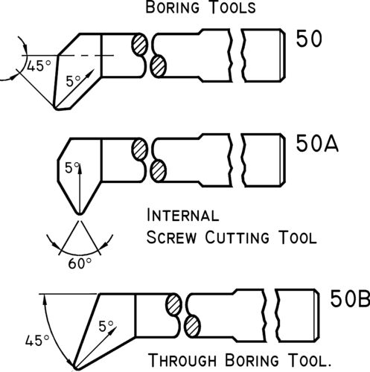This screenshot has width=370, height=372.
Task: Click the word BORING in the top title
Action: point(173,7)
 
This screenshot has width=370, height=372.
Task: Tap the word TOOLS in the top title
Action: point(232,7)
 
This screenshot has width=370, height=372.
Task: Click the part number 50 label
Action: point(309,39)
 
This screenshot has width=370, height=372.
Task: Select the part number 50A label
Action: point(317,144)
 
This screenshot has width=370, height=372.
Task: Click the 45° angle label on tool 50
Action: point(39,65)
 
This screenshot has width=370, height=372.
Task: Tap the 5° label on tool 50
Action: point(74,80)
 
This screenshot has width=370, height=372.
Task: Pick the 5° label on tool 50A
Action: point(72,167)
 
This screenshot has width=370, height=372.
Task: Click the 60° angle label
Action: point(80,263)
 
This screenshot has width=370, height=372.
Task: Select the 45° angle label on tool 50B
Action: point(37,340)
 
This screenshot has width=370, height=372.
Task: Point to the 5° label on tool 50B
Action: point(106,326)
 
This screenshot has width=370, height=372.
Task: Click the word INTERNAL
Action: point(183,215)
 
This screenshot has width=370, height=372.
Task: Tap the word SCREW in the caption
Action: point(171,237)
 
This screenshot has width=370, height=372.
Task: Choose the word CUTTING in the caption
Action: point(237,237)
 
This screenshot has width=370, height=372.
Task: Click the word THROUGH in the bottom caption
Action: point(182,360)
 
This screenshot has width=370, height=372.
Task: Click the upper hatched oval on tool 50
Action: point(139,44)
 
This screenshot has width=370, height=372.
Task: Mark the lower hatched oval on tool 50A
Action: point(158,171)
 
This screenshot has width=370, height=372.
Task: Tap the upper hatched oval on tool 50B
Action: point(173,304)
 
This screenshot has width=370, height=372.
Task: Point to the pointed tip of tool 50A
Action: point(80,214)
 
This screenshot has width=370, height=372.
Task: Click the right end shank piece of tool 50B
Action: point(297,315)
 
